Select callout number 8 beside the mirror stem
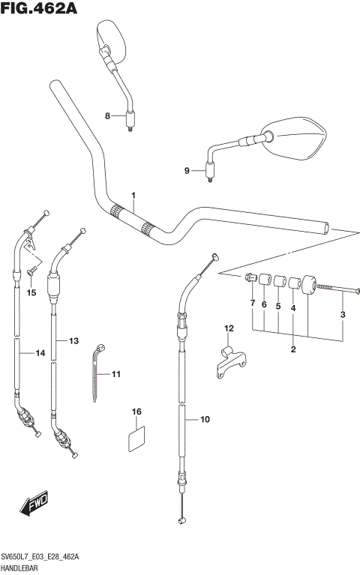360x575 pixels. [107, 115]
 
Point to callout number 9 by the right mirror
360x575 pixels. [187, 171]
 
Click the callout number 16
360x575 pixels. [136, 412]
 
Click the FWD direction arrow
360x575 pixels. [36, 506]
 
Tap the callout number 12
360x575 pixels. [229, 328]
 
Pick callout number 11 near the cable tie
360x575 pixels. [115, 373]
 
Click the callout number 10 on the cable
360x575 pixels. [205, 420]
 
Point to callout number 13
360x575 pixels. [73, 341]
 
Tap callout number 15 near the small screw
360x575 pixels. [31, 292]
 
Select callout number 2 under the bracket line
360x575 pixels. [293, 349]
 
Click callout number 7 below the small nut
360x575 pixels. [253, 304]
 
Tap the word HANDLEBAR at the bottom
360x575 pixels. [25, 568]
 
